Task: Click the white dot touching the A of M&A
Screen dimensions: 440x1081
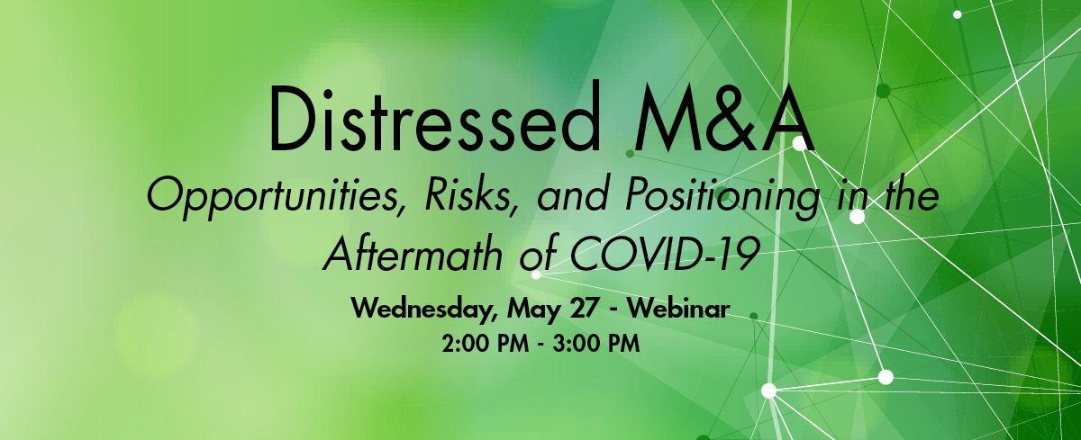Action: (x=799, y=144)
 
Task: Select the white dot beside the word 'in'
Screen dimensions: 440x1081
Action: (x=857, y=217)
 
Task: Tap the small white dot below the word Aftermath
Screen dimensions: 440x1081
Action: (x=536, y=274)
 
